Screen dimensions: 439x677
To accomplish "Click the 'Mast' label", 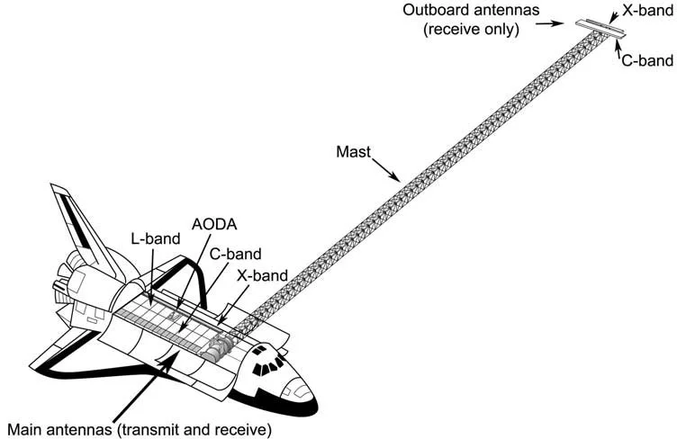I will click(x=350, y=154).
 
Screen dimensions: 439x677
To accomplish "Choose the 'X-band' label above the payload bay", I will click(x=263, y=275).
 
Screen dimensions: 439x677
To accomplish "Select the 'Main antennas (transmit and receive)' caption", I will click(x=138, y=428).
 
